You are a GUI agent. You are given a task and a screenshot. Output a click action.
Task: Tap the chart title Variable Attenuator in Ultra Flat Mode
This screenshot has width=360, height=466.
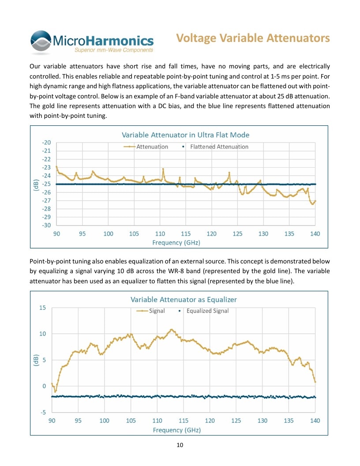(185, 135)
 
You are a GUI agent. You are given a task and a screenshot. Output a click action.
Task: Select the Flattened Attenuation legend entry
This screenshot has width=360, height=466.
(215, 147)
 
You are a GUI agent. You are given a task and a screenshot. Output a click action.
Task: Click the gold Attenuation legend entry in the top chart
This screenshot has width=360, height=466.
(146, 147)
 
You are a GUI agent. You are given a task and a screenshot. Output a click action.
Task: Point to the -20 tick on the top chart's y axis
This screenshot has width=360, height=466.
(46, 143)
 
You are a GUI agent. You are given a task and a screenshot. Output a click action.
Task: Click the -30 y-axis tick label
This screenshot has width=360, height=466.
(46, 225)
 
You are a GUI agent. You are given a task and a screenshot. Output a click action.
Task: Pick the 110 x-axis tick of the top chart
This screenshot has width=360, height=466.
(160, 234)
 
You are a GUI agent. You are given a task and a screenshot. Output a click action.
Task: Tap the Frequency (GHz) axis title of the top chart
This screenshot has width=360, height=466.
(176, 243)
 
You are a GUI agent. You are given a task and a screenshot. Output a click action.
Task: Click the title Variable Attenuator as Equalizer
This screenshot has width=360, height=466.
(184, 300)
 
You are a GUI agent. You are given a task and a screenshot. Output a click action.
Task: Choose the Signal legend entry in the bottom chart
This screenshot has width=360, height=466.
(150, 311)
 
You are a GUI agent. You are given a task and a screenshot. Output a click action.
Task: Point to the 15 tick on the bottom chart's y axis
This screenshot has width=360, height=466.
(43, 308)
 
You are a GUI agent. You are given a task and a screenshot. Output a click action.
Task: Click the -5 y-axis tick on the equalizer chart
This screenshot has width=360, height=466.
(43, 413)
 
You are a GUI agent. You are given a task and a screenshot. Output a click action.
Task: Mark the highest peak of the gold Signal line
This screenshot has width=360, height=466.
(171, 330)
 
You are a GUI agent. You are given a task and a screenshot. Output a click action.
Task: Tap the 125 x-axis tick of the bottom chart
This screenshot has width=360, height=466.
(236, 421)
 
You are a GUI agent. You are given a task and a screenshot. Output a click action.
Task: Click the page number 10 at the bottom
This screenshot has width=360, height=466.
(180, 445)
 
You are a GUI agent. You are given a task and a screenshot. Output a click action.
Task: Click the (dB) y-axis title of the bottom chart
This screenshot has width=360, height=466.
(36, 360)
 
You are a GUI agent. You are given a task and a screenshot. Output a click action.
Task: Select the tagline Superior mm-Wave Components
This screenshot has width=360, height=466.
(114, 50)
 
